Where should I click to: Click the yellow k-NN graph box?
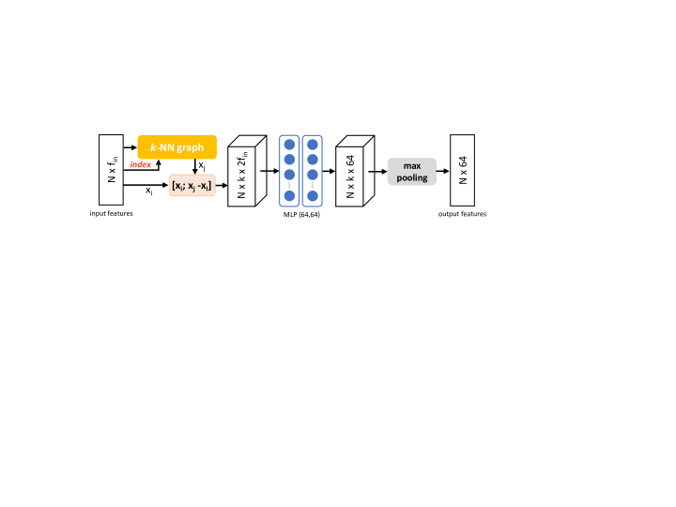point(177,147)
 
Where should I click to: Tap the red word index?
point(141,164)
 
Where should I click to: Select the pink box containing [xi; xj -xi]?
point(192,185)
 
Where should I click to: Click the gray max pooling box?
point(412,172)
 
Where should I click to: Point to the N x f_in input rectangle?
point(111,170)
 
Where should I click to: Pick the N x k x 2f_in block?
point(247,171)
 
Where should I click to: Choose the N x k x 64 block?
point(355,171)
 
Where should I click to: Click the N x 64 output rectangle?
point(462,170)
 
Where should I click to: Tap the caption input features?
point(111,213)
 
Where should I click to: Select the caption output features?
point(462,214)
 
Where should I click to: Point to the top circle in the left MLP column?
point(289,145)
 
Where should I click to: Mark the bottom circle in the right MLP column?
point(313,195)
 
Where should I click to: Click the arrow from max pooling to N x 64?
point(443,171)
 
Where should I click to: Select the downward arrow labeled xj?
point(195,166)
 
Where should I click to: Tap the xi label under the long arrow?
point(148,191)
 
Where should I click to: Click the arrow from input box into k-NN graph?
point(131,147)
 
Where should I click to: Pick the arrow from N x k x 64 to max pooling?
point(377,172)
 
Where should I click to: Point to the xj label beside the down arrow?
point(202,165)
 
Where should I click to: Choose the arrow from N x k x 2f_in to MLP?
point(269,171)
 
